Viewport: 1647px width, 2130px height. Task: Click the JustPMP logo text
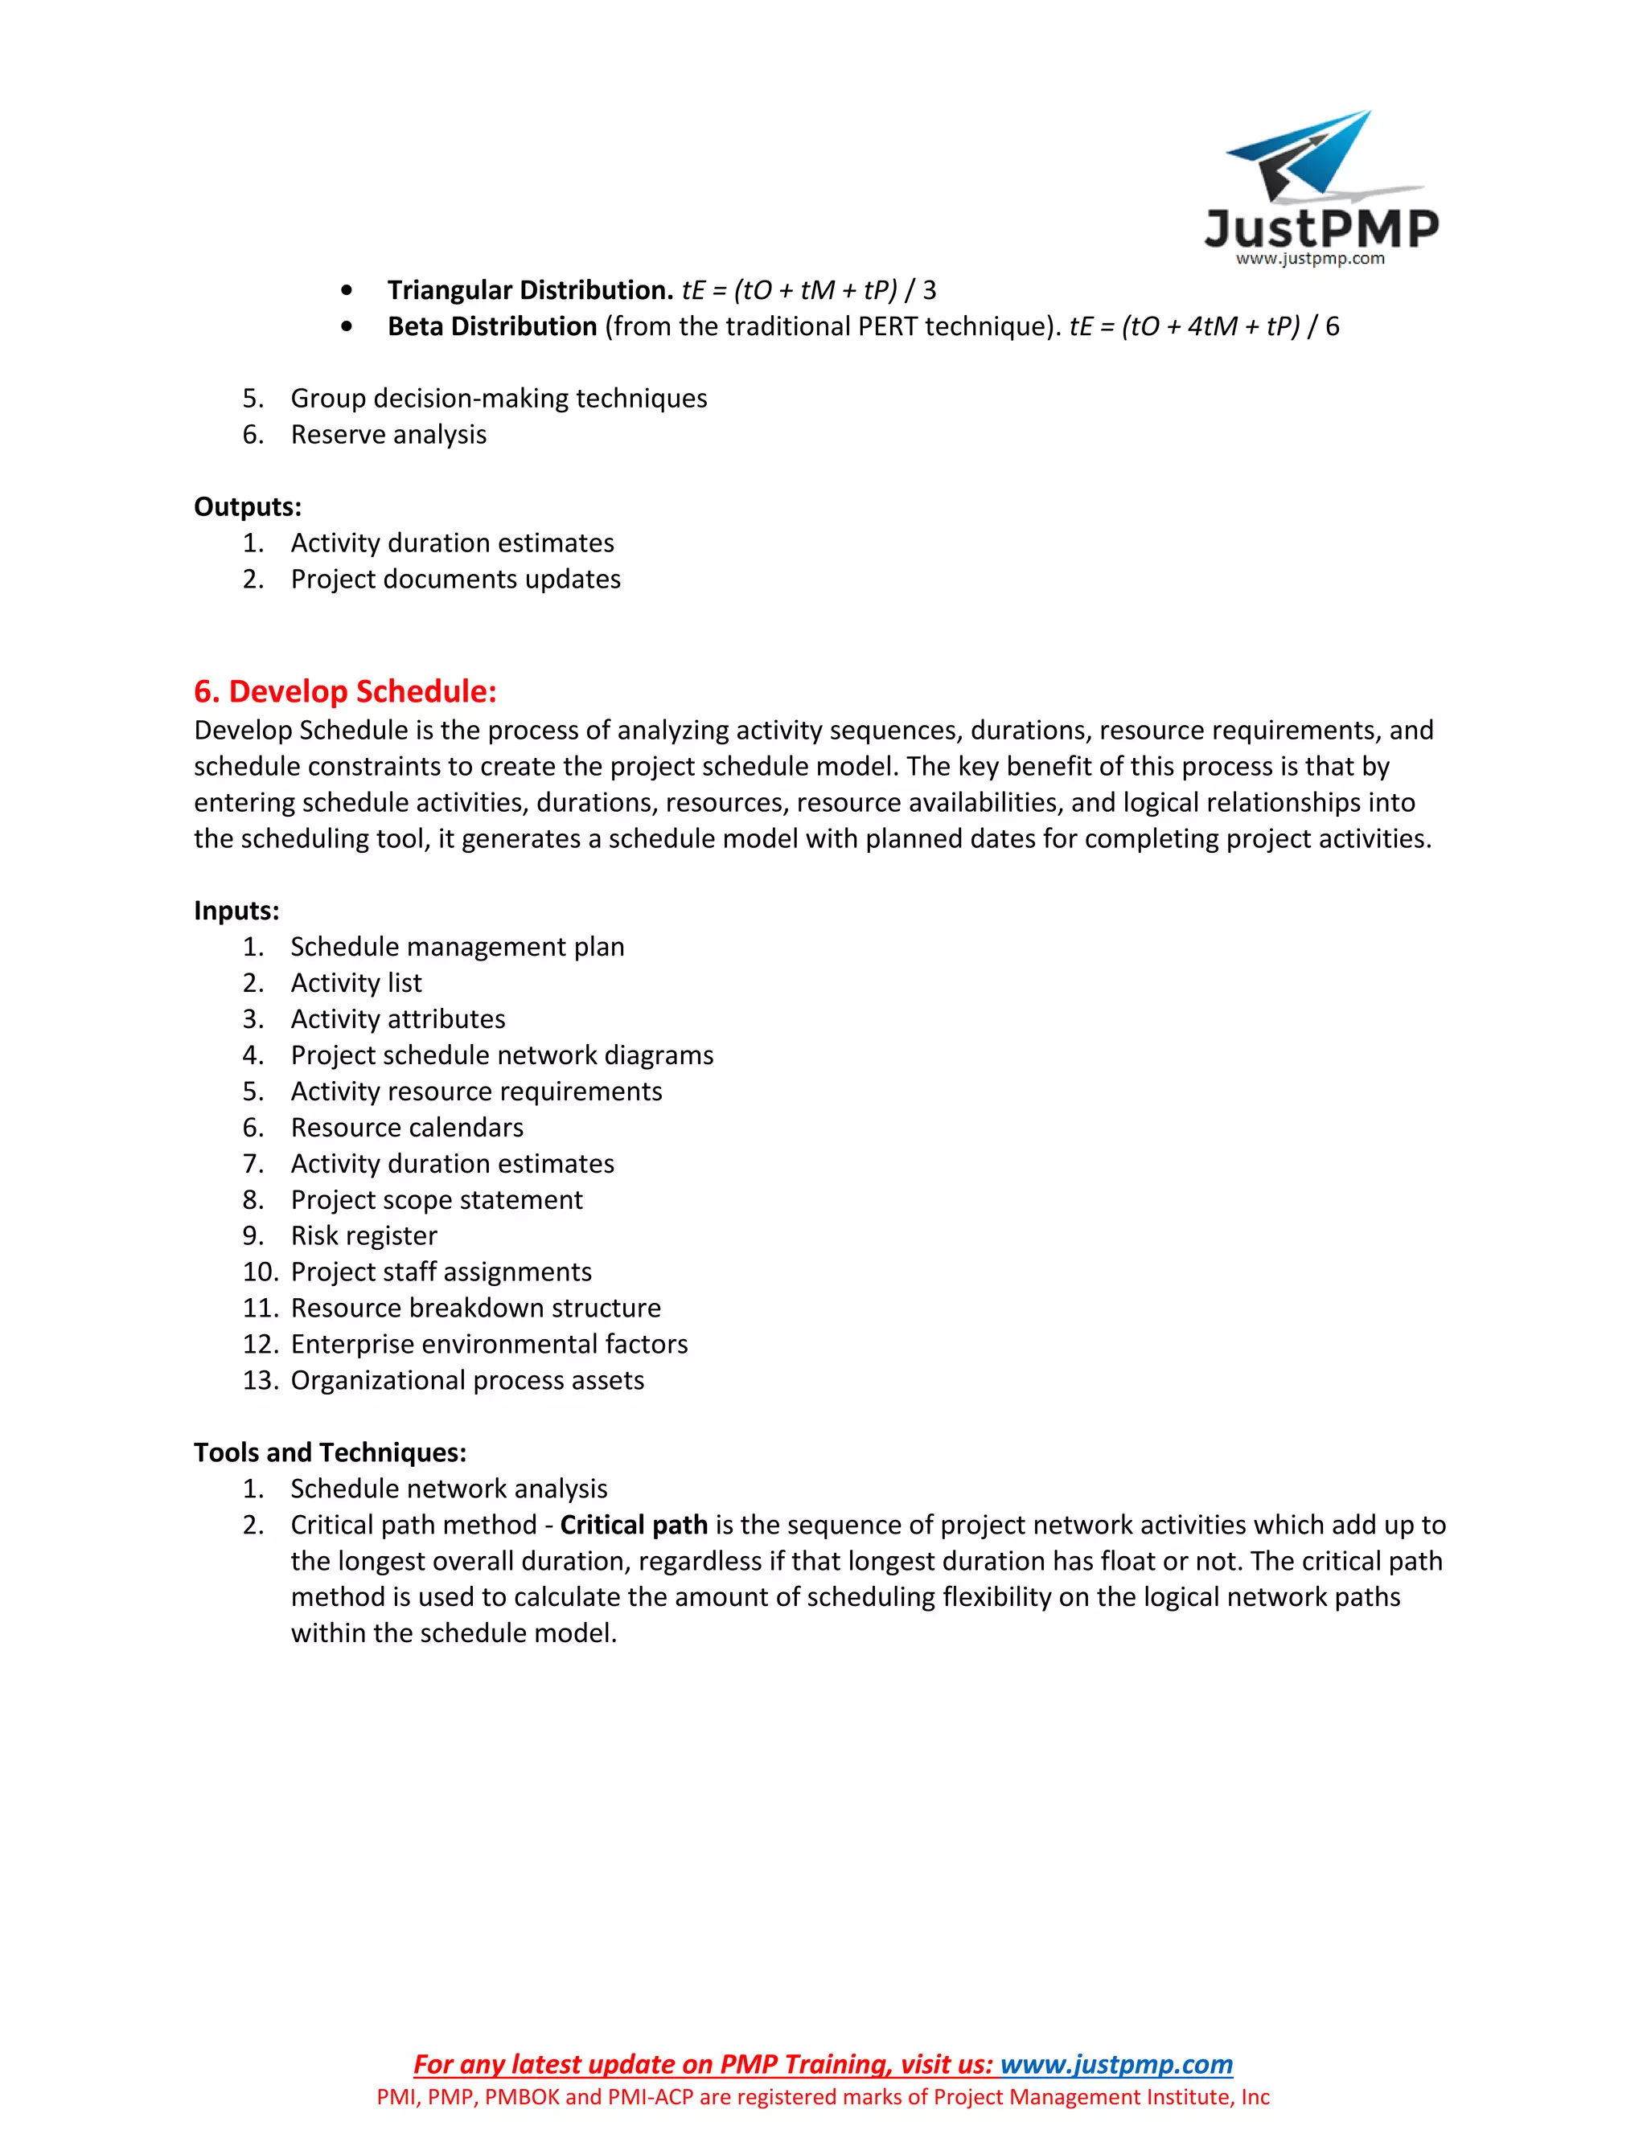1321,228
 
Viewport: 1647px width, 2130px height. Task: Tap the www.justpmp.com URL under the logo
1309,260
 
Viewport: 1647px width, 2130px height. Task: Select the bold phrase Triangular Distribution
530,291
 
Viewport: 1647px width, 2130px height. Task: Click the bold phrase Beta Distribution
491,326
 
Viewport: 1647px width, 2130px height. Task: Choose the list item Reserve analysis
388,435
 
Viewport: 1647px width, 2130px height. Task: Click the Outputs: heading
248,507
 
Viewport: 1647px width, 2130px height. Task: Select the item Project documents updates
454,580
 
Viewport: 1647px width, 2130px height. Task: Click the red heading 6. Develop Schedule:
345,691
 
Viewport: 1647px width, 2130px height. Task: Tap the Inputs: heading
236,911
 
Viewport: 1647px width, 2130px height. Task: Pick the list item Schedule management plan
457,947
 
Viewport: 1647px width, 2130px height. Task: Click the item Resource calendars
407,1128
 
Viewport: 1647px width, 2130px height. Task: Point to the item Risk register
363,1235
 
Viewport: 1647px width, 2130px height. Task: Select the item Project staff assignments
441,1272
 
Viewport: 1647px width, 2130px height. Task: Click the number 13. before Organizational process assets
261,1381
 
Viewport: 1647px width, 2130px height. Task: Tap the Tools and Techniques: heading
330,1453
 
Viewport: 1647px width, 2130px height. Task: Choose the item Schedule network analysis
449,1489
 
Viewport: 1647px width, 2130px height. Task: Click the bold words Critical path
633,1526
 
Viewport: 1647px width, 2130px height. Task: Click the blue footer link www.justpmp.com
1116,2065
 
